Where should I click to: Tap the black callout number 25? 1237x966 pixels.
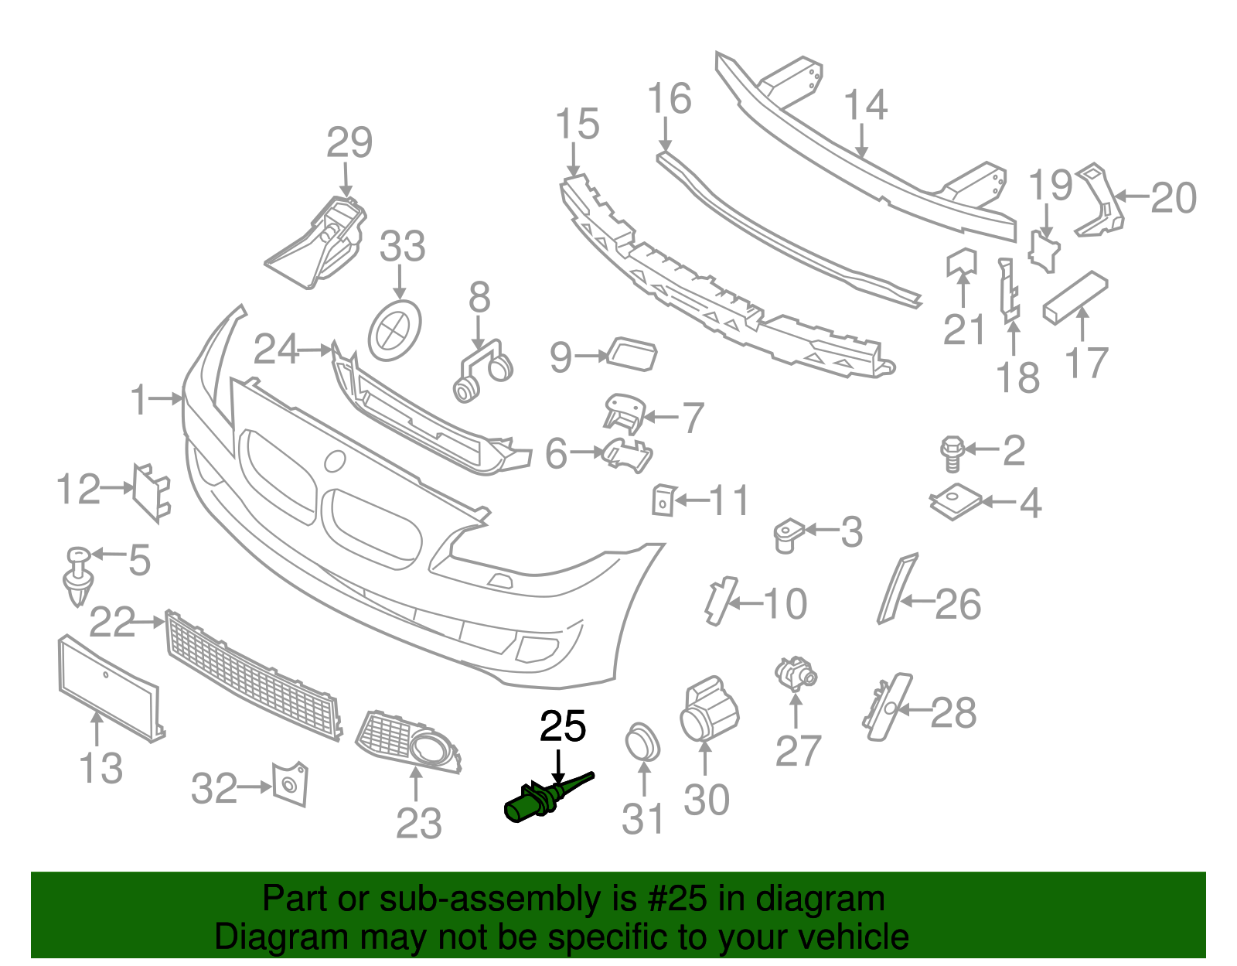[563, 727]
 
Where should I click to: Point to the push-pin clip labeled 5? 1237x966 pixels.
[78, 577]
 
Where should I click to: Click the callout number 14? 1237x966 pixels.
[865, 105]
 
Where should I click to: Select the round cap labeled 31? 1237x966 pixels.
[642, 742]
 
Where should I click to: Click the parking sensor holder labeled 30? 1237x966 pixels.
[708, 710]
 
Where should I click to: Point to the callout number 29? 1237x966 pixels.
[349, 143]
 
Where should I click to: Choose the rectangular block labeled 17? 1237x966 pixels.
[1075, 298]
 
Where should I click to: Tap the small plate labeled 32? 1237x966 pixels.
[290, 784]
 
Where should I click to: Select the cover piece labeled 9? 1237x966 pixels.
[633, 354]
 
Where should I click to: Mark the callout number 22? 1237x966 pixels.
[112, 622]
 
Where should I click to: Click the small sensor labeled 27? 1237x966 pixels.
[796, 673]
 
